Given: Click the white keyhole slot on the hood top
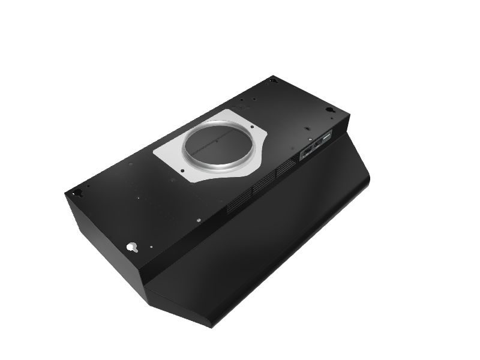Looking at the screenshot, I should coord(132,246).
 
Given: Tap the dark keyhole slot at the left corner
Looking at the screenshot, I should coord(77,192).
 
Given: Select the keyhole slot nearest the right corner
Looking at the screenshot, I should coord(330,110).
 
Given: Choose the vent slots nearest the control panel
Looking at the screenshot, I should coord(287,170).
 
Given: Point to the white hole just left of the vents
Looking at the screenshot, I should coord(198,220).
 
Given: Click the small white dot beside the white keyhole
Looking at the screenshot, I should coord(151,245).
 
